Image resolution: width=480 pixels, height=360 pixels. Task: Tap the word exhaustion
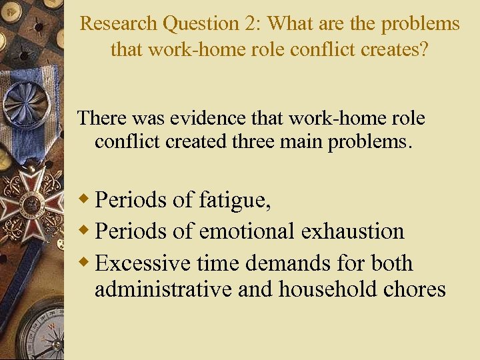pos(353,231)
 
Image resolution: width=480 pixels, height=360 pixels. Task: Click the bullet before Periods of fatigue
pos(84,199)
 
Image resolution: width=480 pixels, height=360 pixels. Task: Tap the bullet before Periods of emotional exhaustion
pos(84,231)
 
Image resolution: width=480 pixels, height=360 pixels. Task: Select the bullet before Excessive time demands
pos(84,263)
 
